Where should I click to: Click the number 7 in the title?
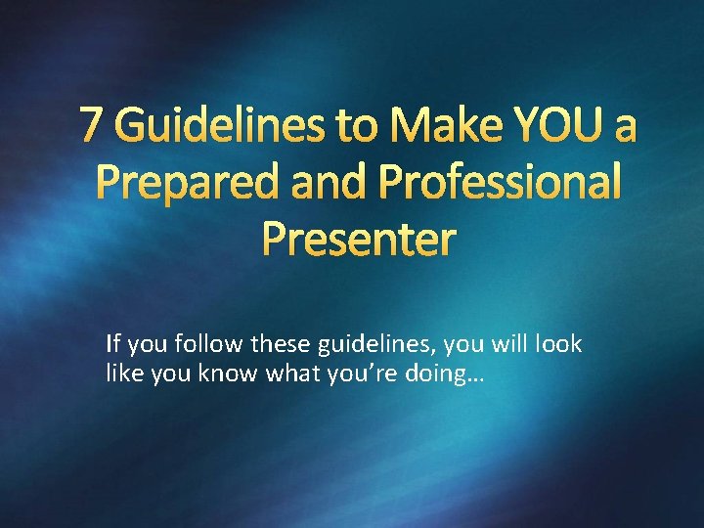(93, 125)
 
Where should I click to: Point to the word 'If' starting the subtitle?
(112, 344)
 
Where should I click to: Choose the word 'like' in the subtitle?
(124, 373)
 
